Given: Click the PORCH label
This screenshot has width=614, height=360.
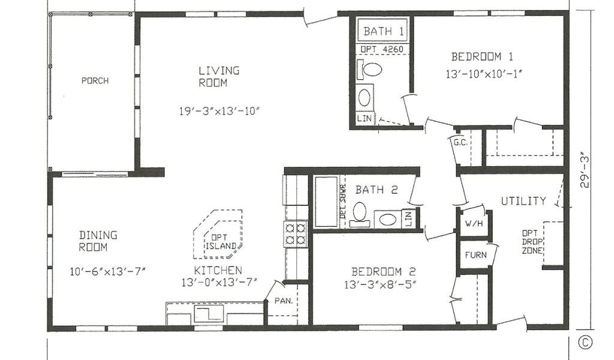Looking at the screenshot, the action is pos(95,80).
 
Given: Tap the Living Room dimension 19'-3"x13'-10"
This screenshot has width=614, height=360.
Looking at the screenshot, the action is pos(219,111).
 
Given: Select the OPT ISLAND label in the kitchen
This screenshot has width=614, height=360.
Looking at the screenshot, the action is pos(221,242).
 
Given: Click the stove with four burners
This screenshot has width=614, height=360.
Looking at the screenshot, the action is pos(296,234).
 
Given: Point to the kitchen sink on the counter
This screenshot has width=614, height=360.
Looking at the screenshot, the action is pos(209,314).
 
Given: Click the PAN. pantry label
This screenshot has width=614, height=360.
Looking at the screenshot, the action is pos(284,301).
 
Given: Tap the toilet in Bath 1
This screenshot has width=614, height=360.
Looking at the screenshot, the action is pos(369,70).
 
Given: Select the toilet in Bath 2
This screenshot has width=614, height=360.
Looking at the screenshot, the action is pos(359,214).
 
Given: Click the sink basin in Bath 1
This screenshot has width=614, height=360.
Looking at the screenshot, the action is pos(364,98).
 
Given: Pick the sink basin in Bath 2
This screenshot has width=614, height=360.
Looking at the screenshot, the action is pos(387,219).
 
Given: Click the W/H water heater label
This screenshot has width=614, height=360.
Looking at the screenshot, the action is pos(474,224).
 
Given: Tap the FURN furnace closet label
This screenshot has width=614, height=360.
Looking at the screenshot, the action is pos(475,255).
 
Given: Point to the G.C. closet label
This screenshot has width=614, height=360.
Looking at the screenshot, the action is pos(460,142).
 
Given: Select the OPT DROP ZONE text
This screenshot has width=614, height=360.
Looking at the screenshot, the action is pos(532,242).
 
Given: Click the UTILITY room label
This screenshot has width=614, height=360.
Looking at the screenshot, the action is pos(523,201).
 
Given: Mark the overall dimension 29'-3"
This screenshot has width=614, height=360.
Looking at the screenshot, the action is pos(585,170).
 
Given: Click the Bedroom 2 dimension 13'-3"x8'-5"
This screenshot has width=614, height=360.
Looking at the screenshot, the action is pos(380,285).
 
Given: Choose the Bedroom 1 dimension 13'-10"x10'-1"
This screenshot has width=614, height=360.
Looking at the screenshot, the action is pos(484,74).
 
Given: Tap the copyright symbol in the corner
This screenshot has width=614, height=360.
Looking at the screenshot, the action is pos(585,343).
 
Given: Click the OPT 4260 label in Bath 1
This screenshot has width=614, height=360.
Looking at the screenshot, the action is pos(382,50).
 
